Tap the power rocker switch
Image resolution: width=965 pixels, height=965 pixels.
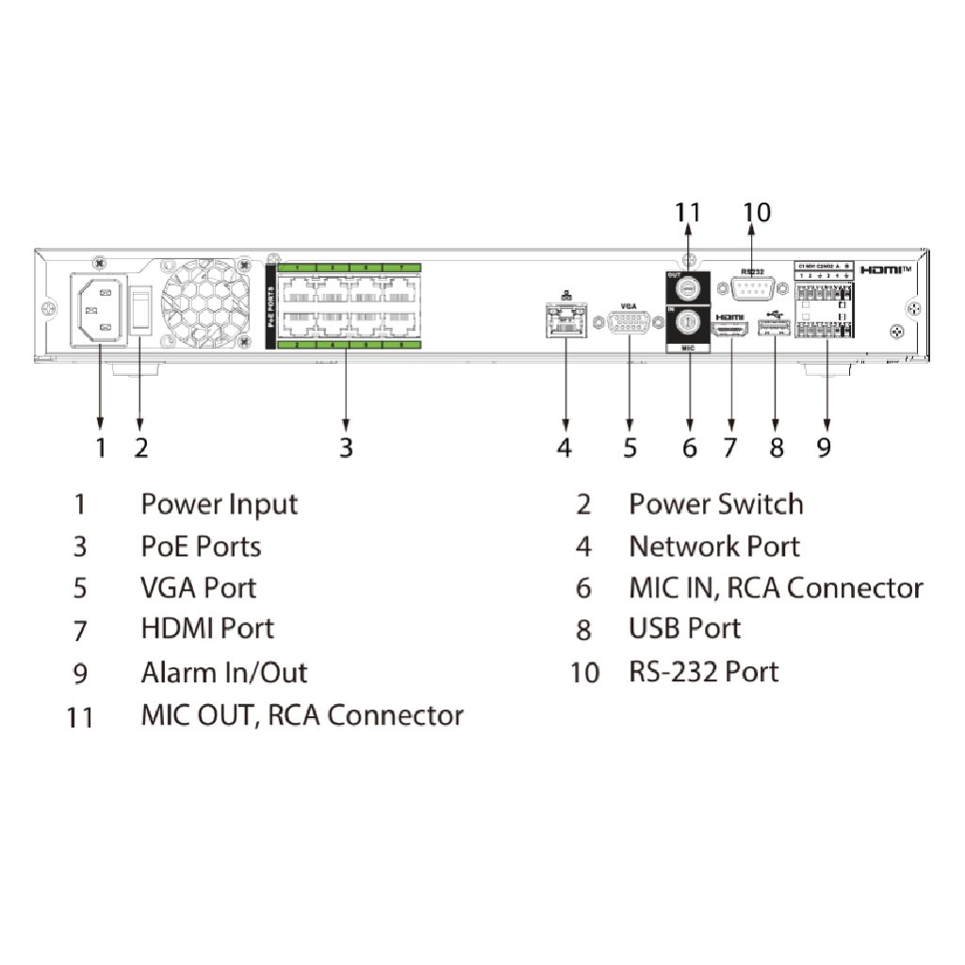(x=140, y=308)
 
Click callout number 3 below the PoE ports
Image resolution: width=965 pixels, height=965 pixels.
(x=346, y=447)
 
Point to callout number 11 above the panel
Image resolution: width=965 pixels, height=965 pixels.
(x=689, y=213)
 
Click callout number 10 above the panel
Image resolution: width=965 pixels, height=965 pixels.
(x=756, y=213)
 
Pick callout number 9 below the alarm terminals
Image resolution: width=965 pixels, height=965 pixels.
(x=825, y=447)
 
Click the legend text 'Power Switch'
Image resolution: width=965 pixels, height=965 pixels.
(x=715, y=504)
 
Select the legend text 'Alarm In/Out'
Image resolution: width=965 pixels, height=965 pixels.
(x=223, y=673)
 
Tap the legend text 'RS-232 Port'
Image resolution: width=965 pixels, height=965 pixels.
(x=703, y=672)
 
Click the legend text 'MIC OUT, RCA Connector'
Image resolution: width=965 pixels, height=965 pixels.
(x=302, y=714)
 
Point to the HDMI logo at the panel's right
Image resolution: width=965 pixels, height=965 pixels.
(x=887, y=270)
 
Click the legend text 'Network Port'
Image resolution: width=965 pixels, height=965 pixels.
(x=713, y=547)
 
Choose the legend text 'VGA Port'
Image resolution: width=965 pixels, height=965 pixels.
(x=198, y=588)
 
